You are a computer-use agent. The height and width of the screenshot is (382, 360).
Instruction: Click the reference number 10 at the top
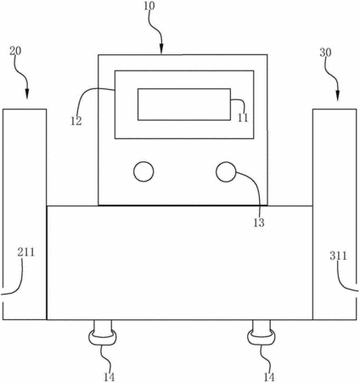click(149, 6)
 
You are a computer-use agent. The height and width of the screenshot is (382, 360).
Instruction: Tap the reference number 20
click(15, 52)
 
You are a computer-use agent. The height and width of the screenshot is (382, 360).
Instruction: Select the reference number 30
click(325, 53)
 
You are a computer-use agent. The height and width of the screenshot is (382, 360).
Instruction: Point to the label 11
click(243, 118)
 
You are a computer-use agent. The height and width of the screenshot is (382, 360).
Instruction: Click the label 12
click(76, 121)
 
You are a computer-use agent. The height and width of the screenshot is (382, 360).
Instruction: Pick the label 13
click(259, 223)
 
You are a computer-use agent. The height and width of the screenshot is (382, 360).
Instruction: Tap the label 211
click(26, 252)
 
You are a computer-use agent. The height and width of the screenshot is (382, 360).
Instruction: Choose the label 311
click(338, 256)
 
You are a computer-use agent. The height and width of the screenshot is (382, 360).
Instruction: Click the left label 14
click(109, 377)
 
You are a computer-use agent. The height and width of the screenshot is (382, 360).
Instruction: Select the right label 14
click(269, 377)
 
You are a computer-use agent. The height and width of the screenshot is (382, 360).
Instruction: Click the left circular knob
click(143, 171)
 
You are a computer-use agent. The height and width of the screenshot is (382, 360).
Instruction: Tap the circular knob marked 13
click(226, 171)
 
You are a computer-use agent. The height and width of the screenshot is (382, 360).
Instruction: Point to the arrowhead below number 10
click(161, 49)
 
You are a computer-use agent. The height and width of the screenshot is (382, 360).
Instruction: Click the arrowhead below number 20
click(27, 94)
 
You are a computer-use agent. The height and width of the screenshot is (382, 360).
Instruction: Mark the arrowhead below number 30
click(337, 96)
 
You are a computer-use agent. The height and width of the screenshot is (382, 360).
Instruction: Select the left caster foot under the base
click(103, 333)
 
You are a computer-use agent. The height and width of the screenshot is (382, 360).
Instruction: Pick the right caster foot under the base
click(262, 333)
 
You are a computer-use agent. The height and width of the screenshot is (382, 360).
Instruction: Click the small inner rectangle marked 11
click(184, 104)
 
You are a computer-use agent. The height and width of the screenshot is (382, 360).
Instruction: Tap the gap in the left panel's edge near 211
click(3, 298)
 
